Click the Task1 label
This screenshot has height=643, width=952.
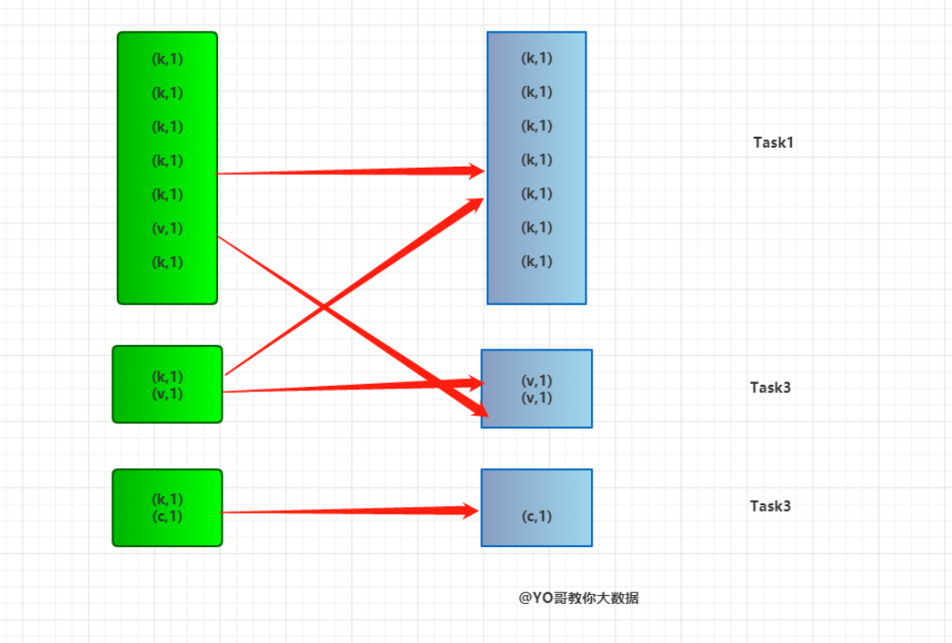[x=773, y=142]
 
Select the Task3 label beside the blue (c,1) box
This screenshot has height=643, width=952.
[x=770, y=505]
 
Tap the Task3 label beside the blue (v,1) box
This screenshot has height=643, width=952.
[x=770, y=387]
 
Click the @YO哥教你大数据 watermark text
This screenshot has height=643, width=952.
[x=578, y=598]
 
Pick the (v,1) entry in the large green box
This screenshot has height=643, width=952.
[x=167, y=228]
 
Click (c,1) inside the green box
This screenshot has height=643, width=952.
[x=167, y=516]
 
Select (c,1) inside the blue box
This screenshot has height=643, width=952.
[x=537, y=516]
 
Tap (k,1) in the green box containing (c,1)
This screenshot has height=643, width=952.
[x=167, y=499]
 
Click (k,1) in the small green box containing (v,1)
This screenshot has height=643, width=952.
[x=167, y=376]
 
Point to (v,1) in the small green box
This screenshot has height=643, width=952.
[x=167, y=393]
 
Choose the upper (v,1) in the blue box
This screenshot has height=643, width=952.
[x=537, y=380]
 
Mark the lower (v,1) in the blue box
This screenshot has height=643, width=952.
[x=537, y=398]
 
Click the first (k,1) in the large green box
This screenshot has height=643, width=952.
[x=167, y=59]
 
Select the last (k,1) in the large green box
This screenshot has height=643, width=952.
[x=167, y=263]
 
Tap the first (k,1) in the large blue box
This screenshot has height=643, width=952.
[x=537, y=58]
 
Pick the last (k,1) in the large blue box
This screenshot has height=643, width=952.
[x=537, y=262]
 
